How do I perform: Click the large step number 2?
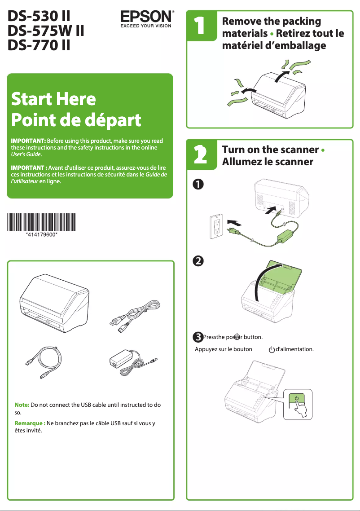pos(201,155)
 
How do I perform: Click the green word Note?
pos(22,405)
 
